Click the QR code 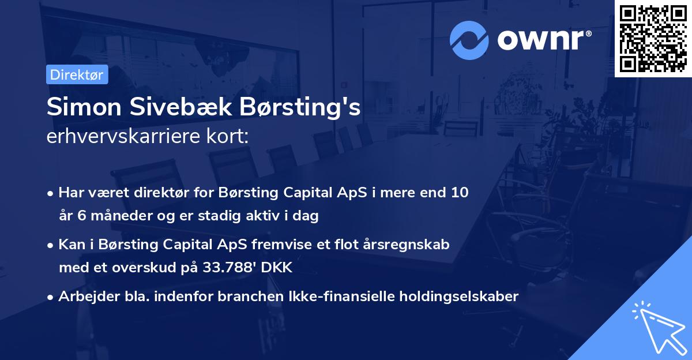coord(653,39)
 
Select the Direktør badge coord(77,74)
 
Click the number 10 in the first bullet coord(460,193)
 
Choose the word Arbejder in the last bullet coord(84,297)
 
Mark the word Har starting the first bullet coord(70,193)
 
